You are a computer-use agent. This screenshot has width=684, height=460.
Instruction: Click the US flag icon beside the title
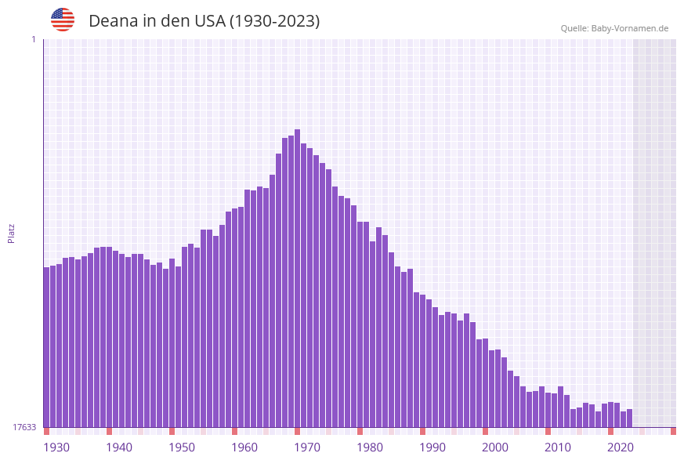click(63, 20)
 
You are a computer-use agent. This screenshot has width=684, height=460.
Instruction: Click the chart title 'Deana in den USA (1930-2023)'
click(204, 21)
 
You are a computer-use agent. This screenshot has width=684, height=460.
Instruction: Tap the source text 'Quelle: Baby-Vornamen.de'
click(614, 28)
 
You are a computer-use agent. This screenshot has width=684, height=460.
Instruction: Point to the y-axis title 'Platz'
click(12, 233)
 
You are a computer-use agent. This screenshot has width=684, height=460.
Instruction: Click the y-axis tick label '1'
click(33, 39)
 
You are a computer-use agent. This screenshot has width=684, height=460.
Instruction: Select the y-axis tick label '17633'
click(24, 427)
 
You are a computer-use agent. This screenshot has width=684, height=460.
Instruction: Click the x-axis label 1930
click(56, 447)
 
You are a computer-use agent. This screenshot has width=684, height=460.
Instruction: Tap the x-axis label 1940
click(119, 447)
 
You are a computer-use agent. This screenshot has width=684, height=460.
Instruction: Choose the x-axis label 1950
click(182, 447)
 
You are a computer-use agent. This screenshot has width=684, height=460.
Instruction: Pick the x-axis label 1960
click(244, 447)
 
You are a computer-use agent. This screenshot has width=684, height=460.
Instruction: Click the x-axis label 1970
click(307, 447)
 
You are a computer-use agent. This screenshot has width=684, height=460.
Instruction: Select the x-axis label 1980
click(370, 447)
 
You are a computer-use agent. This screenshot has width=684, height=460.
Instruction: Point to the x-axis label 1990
click(432, 447)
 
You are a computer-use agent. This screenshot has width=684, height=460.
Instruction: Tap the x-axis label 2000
click(495, 447)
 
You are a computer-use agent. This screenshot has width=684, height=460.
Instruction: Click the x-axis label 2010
click(558, 447)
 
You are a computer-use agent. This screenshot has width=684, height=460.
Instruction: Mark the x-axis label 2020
click(621, 447)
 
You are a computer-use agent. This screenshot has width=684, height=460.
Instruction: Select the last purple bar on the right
click(629, 418)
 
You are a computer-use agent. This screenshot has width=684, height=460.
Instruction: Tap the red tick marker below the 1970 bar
click(298, 431)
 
